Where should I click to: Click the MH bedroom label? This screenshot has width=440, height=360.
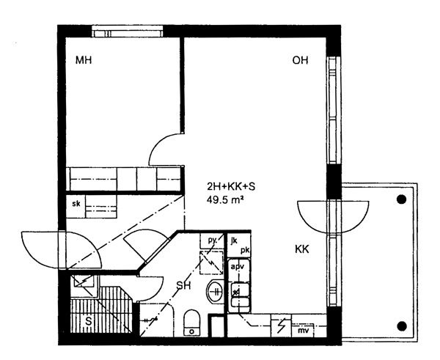click(x=84, y=60)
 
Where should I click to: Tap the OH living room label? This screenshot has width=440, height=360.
click(x=300, y=60)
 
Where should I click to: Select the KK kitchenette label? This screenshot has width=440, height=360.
click(x=302, y=249)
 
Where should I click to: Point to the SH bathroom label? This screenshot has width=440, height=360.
click(x=183, y=286)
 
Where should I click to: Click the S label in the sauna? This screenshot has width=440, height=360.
click(x=89, y=321)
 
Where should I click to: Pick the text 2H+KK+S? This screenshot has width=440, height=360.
click(x=231, y=186)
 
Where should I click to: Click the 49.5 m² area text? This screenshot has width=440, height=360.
click(x=225, y=199)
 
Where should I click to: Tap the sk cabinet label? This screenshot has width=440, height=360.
click(x=76, y=204)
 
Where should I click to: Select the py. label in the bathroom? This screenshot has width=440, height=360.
click(x=212, y=240)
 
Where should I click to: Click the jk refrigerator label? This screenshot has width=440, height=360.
click(x=234, y=240)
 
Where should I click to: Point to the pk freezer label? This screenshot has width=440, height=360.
click(x=245, y=250)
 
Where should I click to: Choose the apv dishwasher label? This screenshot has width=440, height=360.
click(x=238, y=267)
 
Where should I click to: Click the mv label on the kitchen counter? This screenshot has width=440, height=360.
click(x=303, y=331)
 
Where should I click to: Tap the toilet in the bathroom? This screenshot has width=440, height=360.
click(x=191, y=323)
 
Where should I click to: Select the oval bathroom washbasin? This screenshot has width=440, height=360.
click(x=216, y=291)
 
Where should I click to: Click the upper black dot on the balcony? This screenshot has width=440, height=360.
click(x=402, y=199)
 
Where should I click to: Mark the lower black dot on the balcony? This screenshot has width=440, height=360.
click(x=402, y=326)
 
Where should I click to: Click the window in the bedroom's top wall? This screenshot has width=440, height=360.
click(x=128, y=32)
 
